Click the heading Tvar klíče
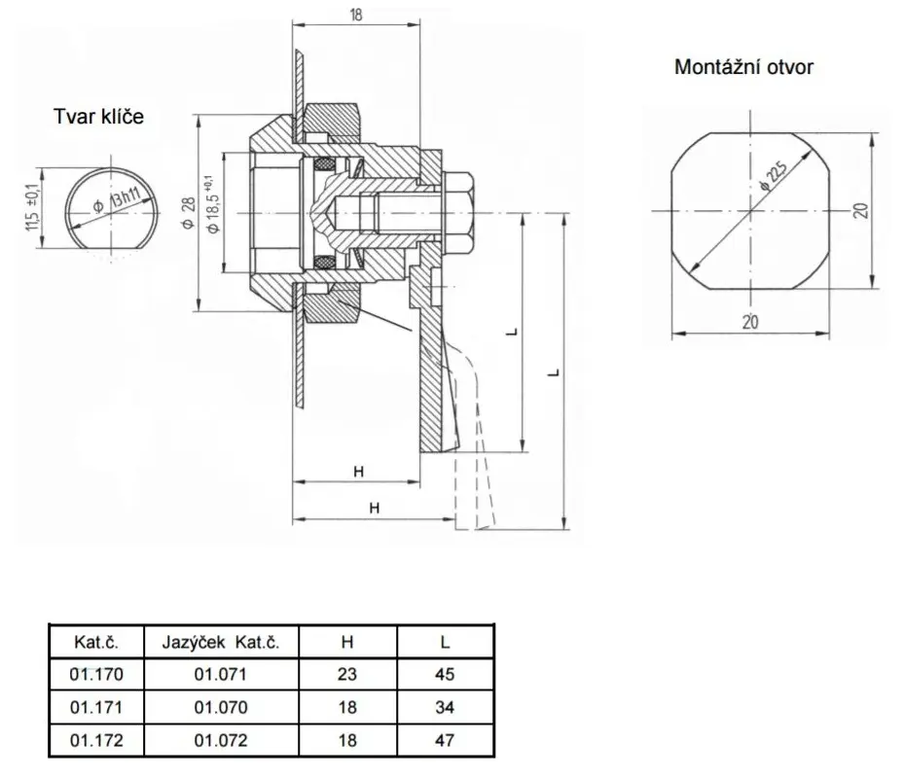[x=98, y=117]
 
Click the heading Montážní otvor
[x=743, y=67]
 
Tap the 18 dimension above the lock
[x=356, y=15]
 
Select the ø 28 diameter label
[x=189, y=213]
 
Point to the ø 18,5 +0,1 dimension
[x=212, y=203]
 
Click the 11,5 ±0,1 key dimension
[x=32, y=207]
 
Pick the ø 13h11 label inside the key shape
[x=118, y=199]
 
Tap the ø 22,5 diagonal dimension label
[x=774, y=175]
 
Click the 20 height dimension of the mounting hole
[x=861, y=210]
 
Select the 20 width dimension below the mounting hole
[x=750, y=322]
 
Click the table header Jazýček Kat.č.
[x=221, y=642]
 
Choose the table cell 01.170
[x=96, y=674]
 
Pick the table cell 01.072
[x=221, y=740]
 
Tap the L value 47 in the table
[x=445, y=740]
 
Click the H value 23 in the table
[x=347, y=674]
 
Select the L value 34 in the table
[x=445, y=707]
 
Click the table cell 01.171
[x=96, y=707]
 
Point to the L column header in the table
[x=445, y=642]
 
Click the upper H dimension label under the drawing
[x=358, y=472]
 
